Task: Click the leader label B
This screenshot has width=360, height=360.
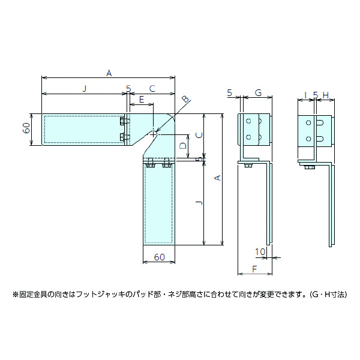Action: point(185,99)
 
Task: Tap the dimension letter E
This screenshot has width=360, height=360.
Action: point(142,98)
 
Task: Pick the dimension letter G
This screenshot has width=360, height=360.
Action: point(258,93)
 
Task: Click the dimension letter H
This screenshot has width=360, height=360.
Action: point(325,95)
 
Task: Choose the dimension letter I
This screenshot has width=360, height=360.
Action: point(305,95)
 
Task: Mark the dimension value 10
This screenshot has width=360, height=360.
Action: point(259,251)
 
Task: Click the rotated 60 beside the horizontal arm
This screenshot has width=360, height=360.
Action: point(26,128)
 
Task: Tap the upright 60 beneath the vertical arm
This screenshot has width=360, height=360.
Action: point(159,257)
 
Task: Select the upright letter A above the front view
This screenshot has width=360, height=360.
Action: point(109,73)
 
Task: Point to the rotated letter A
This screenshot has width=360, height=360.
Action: point(218,178)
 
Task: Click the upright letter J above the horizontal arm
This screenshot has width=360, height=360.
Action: point(84,89)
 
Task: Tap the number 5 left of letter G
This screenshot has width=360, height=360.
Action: point(230,92)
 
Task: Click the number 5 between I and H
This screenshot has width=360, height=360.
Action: point(315,95)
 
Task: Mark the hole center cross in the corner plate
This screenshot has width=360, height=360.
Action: point(154,134)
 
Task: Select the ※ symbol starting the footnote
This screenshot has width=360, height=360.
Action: point(16,295)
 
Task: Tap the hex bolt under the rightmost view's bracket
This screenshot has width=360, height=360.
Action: point(308,166)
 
